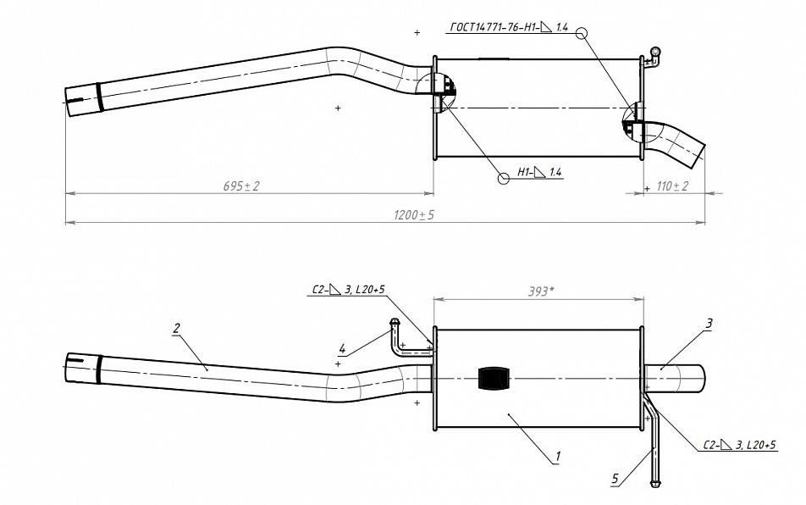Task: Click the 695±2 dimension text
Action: point(241,186)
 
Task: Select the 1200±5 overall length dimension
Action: point(414,214)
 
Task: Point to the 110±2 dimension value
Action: point(672,186)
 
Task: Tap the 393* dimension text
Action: point(541,291)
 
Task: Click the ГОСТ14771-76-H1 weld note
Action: point(509,27)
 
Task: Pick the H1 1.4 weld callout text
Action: point(539,172)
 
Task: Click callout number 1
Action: point(557,456)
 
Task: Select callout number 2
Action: point(177,328)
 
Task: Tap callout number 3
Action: point(709,324)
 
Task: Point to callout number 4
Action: point(342,349)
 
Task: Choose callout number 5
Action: point(616,479)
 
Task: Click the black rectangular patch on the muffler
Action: point(493,379)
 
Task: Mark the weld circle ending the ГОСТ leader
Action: point(582,33)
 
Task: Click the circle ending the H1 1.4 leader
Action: point(505,178)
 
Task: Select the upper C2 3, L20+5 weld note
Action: point(348,291)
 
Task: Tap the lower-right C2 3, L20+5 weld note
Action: point(739,445)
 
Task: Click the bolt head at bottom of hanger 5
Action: point(655,484)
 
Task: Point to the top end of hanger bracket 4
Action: point(395,323)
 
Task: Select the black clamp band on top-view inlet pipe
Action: point(99,97)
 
